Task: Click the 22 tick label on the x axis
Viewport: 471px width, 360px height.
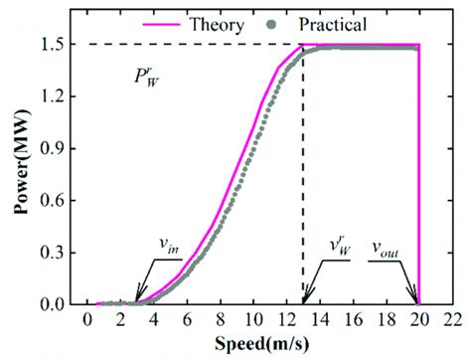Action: (452, 321)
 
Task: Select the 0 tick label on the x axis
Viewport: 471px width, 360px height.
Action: (88, 321)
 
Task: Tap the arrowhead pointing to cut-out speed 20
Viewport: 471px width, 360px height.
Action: (415, 299)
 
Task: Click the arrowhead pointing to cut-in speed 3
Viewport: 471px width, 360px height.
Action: (138, 297)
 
